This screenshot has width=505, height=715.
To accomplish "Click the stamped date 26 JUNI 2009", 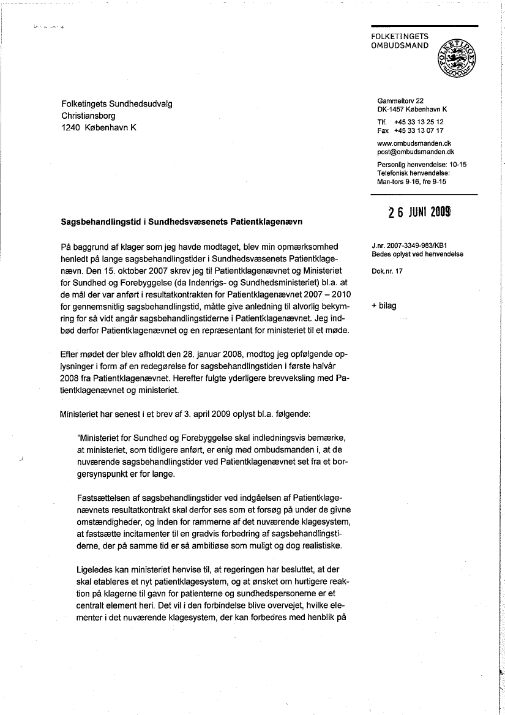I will point(420,212).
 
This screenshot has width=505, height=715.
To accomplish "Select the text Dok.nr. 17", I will point(387,271).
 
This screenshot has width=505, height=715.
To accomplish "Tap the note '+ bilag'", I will point(384,305).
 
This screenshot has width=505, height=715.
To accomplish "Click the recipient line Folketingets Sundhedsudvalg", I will point(117,104).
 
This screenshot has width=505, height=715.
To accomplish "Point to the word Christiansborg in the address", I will point(88,116).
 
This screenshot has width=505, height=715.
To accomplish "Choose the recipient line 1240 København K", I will point(99,128).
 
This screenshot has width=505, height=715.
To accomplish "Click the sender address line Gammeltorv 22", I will point(400,100).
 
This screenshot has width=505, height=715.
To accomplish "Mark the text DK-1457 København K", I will point(412,109).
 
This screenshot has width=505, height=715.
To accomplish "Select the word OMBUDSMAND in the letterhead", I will point(400,45).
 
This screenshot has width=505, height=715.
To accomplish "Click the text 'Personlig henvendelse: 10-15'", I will point(422,165).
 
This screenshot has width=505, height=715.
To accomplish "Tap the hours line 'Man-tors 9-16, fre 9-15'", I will point(411,181).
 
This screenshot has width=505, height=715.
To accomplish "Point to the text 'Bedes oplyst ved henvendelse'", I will point(417,253).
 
